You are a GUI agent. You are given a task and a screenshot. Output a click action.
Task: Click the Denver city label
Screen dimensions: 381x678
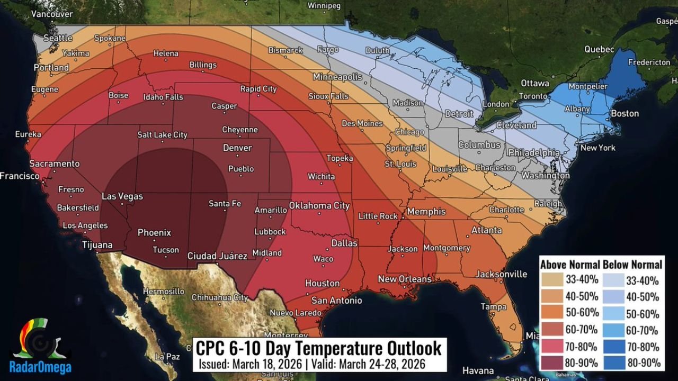pyautogui.click(x=237, y=148)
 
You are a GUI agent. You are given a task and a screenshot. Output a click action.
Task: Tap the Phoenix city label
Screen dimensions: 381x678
pyautogui.click(x=154, y=232)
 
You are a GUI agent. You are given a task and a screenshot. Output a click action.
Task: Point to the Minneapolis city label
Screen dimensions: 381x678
pyautogui.click(x=337, y=77)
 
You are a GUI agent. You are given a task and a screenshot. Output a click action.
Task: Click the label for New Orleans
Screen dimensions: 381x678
pyautogui.click(x=404, y=279)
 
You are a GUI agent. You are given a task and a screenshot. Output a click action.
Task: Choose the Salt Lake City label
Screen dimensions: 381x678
pyautogui.click(x=162, y=135)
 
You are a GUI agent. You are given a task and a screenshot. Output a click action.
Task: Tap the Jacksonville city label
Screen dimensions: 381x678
pyautogui.click(x=501, y=274)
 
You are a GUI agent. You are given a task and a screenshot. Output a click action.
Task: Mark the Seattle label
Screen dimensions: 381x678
pyautogui.click(x=58, y=38)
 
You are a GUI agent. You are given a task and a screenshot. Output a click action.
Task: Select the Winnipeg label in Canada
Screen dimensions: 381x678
pyautogui.click(x=324, y=6)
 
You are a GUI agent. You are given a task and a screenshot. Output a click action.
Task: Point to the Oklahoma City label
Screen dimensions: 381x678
pyautogui.click(x=319, y=206)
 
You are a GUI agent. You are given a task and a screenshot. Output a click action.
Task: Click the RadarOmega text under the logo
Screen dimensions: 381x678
pyautogui.click(x=40, y=367)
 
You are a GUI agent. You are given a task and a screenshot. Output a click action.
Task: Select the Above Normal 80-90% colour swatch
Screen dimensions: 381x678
pyautogui.click(x=551, y=362)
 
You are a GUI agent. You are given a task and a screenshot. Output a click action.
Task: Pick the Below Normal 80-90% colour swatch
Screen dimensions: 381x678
pyautogui.click(x=613, y=362)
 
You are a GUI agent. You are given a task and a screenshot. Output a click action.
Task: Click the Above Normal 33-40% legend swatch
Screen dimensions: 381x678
pyautogui.click(x=551, y=280)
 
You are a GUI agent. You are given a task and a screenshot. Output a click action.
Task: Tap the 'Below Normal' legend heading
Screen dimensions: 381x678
pyautogui.click(x=632, y=265)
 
